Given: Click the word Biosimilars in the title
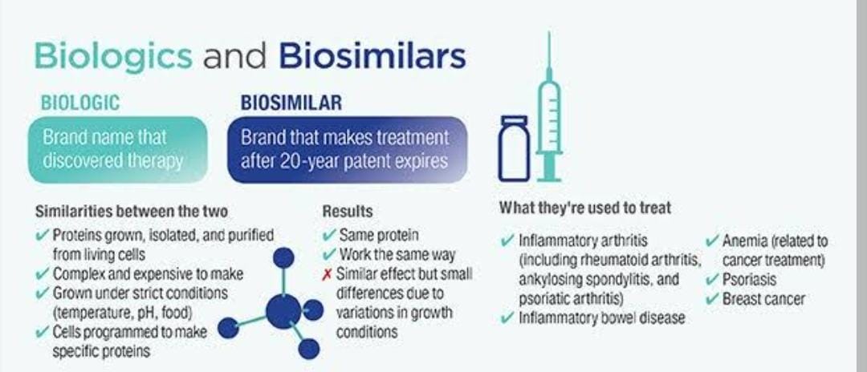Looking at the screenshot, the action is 372,55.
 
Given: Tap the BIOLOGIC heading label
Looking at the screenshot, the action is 80,103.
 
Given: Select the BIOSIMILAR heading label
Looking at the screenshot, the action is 291,103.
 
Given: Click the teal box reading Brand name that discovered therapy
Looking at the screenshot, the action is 118,149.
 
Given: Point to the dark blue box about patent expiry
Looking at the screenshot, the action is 348,149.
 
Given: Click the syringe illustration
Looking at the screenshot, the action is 548,107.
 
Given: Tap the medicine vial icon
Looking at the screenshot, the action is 514,148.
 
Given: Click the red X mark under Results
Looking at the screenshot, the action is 328,273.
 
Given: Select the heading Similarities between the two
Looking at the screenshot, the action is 132,212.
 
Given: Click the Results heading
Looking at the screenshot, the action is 348,212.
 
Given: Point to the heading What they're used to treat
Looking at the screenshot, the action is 585,208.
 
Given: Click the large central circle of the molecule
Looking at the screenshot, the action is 283,311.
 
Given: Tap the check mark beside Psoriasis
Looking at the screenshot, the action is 713,279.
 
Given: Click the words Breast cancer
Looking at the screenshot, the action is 763,300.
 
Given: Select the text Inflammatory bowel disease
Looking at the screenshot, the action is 601,318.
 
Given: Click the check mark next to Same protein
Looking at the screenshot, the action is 330,236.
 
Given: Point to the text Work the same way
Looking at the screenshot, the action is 397,254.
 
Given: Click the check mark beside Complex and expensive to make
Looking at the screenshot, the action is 42,273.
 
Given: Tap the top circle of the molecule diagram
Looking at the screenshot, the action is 283,257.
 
